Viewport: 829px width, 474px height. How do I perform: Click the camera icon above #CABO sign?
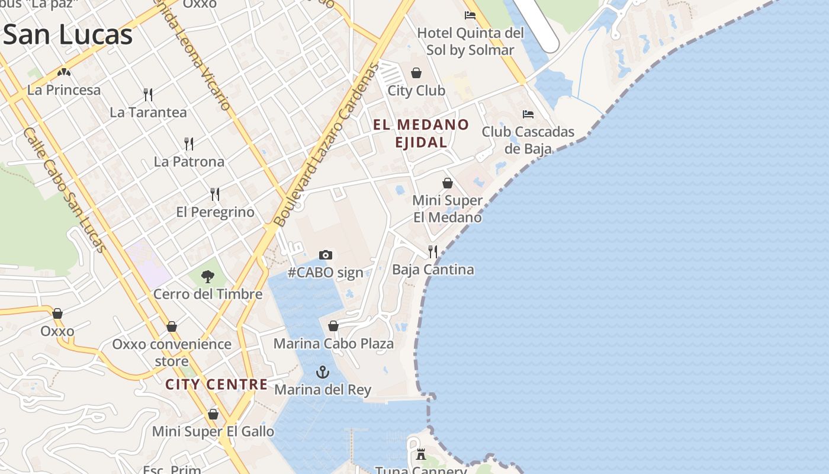(x=326, y=255)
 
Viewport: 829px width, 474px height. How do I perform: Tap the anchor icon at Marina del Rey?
(x=323, y=372)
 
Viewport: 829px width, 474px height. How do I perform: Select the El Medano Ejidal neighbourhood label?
(x=421, y=133)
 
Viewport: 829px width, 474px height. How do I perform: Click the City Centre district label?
(x=216, y=385)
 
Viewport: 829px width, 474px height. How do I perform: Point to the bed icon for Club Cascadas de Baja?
(x=528, y=114)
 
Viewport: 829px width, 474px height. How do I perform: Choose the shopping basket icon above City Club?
(x=416, y=73)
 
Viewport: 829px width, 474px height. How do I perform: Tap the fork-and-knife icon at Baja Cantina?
(x=433, y=252)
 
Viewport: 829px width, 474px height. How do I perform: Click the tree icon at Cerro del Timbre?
(x=207, y=276)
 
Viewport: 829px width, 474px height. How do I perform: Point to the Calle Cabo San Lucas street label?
(x=66, y=190)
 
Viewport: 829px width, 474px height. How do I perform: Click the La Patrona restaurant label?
(x=189, y=162)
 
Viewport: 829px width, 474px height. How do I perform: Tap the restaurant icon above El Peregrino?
(x=215, y=194)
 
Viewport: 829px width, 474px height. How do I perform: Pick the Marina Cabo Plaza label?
(x=333, y=344)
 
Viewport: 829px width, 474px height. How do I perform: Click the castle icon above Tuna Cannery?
(x=421, y=454)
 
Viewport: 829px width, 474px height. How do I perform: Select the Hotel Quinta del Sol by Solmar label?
(x=471, y=41)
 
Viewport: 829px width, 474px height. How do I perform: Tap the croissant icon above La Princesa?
(x=64, y=72)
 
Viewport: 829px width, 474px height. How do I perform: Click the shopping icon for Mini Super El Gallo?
(x=213, y=414)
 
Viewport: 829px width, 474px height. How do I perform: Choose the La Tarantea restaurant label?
(x=148, y=113)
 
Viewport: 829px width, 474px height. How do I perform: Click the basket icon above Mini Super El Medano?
(x=448, y=183)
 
